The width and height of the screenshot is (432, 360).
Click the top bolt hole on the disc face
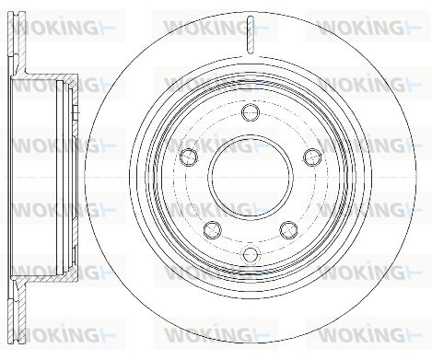(x=251, y=113)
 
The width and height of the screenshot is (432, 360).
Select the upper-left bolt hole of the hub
(x=189, y=157)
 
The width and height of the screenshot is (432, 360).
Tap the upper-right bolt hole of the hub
(x=312, y=157)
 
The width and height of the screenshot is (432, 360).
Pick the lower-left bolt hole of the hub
(x=213, y=229)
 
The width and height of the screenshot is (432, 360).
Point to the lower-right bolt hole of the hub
(x=289, y=229)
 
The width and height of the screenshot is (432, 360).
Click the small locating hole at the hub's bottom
(x=251, y=254)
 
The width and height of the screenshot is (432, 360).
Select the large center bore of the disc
(x=251, y=178)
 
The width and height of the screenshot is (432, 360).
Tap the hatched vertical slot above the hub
(x=251, y=35)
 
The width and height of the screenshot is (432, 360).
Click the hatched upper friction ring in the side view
(x=18, y=43)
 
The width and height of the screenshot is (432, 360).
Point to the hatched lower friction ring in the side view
(x=18, y=311)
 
